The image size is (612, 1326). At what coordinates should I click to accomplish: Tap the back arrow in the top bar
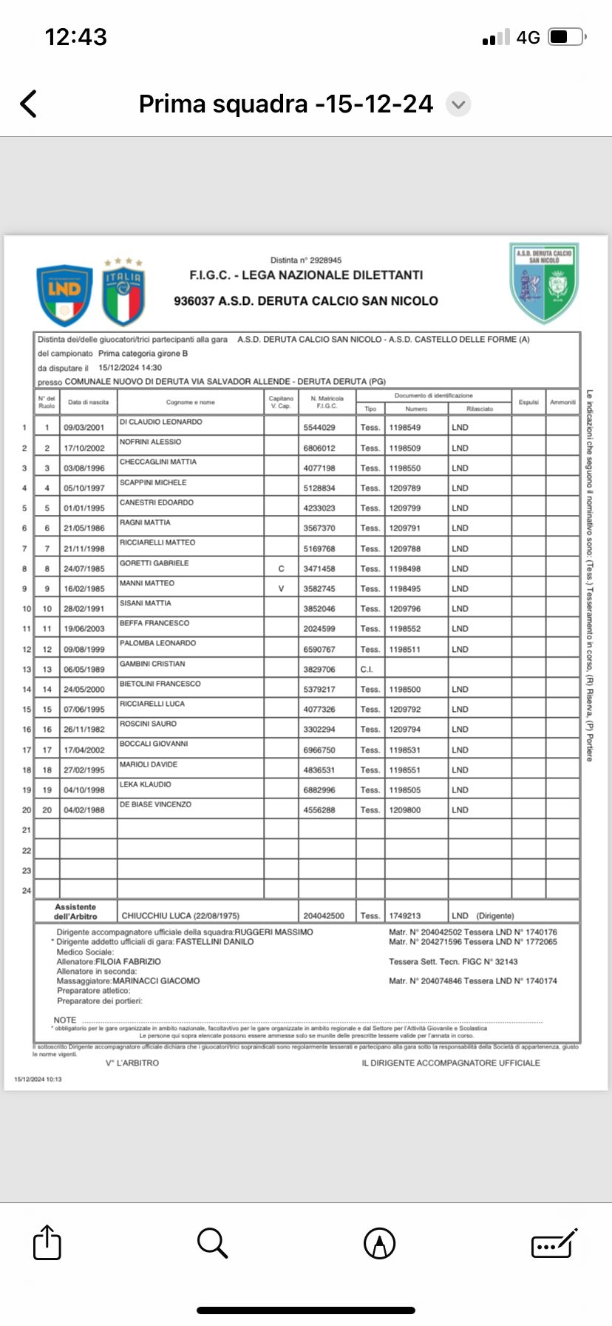(29, 104)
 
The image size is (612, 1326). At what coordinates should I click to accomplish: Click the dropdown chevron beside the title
(458, 104)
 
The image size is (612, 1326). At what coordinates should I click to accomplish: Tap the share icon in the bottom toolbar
(47, 1242)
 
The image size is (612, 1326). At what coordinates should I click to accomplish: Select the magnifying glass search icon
(212, 1242)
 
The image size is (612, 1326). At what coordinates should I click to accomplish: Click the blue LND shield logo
(64, 295)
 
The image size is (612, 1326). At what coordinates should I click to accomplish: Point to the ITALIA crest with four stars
(123, 293)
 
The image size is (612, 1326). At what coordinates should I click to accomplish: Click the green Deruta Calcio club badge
(545, 283)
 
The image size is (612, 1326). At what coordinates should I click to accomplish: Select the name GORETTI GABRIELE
(154, 563)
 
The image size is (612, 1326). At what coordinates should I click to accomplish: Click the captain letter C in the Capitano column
(281, 569)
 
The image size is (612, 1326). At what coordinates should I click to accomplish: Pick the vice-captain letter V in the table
(281, 589)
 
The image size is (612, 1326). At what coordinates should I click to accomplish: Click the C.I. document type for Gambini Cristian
(367, 670)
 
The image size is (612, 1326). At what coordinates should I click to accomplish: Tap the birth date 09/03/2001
(84, 428)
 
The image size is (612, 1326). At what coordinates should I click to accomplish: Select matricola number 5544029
(319, 428)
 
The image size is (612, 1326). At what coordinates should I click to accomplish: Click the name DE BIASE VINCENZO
(156, 804)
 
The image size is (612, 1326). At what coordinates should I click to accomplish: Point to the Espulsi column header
(528, 403)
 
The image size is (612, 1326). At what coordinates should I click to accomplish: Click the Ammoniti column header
(562, 403)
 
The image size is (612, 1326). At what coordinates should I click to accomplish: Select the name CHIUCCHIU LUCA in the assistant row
(157, 916)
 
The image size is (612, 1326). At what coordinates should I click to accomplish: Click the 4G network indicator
(528, 37)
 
